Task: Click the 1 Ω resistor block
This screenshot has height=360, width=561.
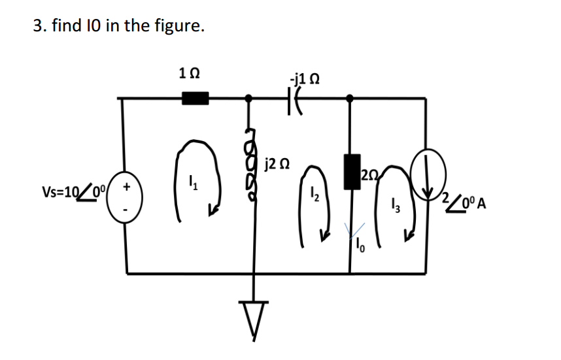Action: pos(195,99)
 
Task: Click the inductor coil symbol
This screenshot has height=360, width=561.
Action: pos(249,168)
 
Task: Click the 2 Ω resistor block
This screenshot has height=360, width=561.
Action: pos(351,172)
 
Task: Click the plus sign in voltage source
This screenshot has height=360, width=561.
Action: pos(127,186)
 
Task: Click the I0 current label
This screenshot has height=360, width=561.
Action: pos(360,246)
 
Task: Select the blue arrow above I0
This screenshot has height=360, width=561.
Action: pos(357,229)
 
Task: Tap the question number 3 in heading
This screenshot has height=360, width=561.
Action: pos(37,27)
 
